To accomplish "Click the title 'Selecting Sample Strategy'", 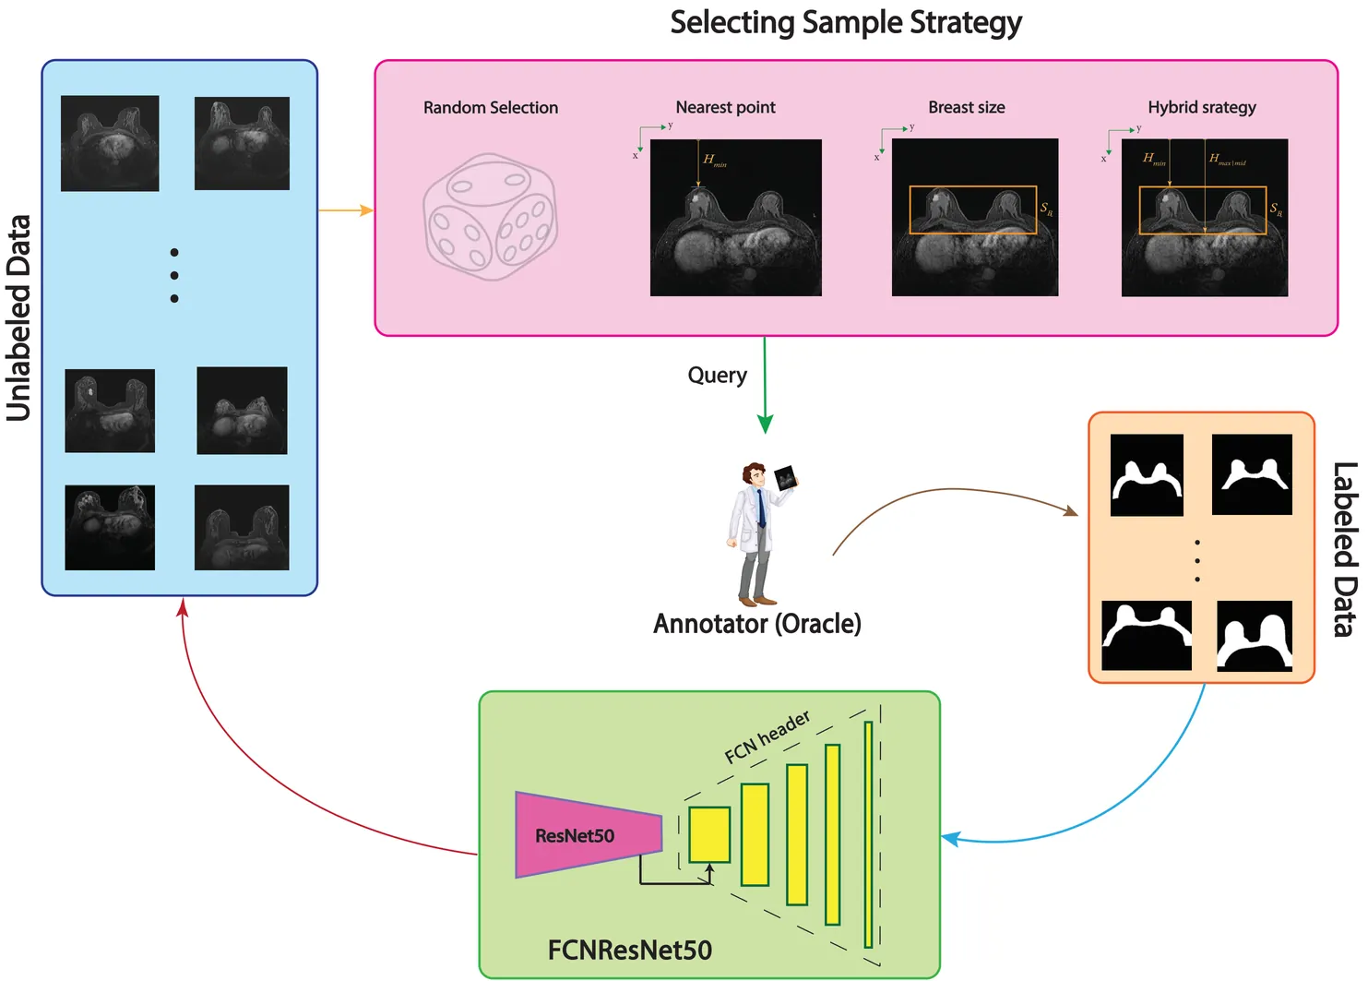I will tap(845, 23).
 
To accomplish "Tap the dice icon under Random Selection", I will tap(490, 218).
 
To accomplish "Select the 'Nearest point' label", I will tap(725, 107).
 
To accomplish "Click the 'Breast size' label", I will tap(966, 107).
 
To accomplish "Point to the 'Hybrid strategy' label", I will tap(1201, 107).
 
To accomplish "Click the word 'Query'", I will tap(717, 375).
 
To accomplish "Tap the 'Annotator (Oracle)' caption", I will tap(756, 624).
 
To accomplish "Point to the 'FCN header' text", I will tap(767, 736).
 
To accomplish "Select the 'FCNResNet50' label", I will tap(629, 950).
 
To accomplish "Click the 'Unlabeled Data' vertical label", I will tap(19, 318).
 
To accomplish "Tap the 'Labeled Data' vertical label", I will tap(1344, 549).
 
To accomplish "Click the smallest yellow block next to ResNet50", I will tap(709, 835).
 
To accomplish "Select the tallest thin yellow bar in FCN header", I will tap(868, 834).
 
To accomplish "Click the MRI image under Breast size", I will tap(974, 218).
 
